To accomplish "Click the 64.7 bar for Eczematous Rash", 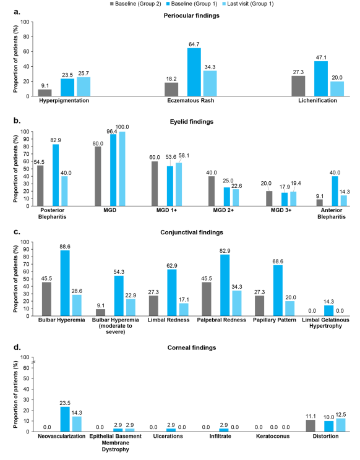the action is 194,72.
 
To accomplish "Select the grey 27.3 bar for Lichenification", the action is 298,86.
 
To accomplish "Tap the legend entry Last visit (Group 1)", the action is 247,4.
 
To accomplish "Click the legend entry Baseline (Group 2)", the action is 135,4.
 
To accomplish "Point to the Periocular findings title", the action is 192,15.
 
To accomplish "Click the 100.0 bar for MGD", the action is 122,169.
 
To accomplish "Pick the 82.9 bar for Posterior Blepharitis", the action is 56,175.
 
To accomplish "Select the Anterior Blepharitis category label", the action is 332,213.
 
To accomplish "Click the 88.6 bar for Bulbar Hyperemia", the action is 65,283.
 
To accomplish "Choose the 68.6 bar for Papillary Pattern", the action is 278,291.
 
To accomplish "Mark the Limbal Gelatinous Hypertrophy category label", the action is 326,323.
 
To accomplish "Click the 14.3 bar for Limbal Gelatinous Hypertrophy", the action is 329,310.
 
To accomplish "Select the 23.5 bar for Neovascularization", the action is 65,419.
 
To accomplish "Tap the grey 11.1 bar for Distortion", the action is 311,425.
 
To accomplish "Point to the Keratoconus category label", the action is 273,437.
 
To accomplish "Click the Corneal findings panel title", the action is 192,347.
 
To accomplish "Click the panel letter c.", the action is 17,232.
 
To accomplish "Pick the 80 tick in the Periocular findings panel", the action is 26,37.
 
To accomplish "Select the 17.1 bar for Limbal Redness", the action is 184,310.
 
